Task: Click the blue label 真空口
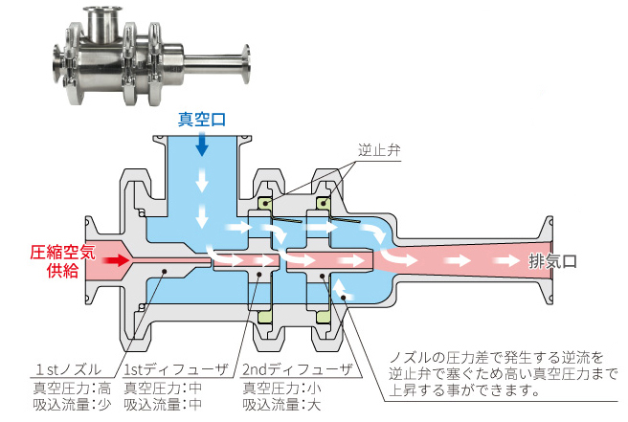coord(201,120)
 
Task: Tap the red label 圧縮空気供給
coord(61,261)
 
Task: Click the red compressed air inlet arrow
coord(116,259)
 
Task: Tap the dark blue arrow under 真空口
coord(201,144)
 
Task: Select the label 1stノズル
coord(66,369)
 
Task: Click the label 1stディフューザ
coord(175,369)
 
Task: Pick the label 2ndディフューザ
coord(296,369)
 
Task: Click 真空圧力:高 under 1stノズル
coord(72,388)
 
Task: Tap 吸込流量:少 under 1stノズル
coord(72,405)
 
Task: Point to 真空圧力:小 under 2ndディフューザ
coord(280,388)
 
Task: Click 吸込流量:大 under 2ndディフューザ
coord(280,405)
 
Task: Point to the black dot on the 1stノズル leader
coord(166,272)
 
